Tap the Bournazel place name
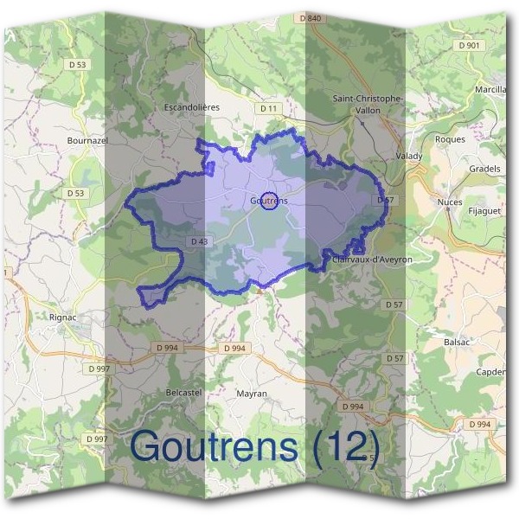tap(86, 138)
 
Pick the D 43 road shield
tap(198, 241)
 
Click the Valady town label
tap(409, 157)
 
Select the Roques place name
tap(450, 139)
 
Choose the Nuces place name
tap(450, 202)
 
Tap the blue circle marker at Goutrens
tap(269, 201)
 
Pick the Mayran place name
tap(252, 394)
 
